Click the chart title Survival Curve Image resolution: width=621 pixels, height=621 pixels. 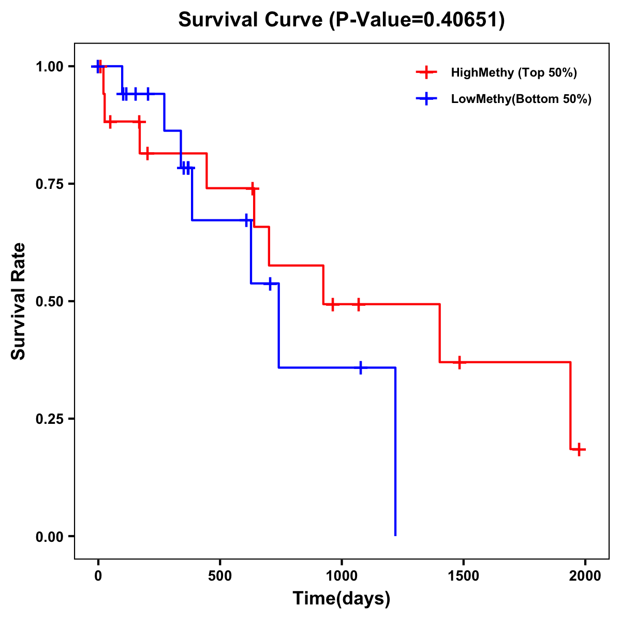pyautogui.click(x=252, y=20)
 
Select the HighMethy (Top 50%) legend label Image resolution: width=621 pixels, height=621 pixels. pyautogui.click(x=513, y=72)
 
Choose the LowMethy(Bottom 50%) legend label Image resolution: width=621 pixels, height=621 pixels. pyautogui.click(x=521, y=99)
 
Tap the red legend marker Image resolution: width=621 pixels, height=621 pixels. pyautogui.click(x=426, y=72)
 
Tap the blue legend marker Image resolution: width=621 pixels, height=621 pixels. pyautogui.click(x=426, y=99)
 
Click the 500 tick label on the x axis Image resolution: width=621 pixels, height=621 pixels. pyautogui.click(x=220, y=576)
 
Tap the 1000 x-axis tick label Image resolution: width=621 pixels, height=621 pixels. pyautogui.click(x=342, y=576)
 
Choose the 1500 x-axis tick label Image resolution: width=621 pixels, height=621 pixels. pyautogui.click(x=463, y=576)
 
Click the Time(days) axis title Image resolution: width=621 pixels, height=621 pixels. pyautogui.click(x=342, y=599)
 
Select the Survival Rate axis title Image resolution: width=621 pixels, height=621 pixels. pyautogui.click(x=19, y=301)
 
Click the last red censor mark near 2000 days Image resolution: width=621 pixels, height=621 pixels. pyautogui.click(x=580, y=449)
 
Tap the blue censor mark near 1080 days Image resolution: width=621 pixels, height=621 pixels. pyautogui.click(x=361, y=367)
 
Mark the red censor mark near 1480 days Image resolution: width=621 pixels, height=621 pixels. pyautogui.click(x=459, y=362)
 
